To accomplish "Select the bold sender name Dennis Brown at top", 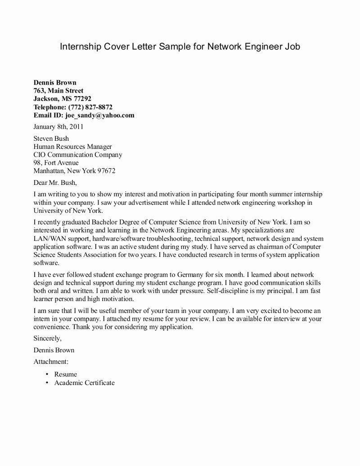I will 55,82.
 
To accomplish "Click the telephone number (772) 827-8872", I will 90,107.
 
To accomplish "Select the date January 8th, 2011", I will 58,127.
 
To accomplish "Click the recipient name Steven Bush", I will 51,139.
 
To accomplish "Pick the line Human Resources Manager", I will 73,147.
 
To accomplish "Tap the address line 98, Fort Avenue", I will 56,163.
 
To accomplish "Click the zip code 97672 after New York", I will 106,171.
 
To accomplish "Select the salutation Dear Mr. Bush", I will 55,183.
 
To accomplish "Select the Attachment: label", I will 51,361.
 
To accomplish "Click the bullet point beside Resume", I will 47,374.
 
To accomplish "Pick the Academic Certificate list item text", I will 85,383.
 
